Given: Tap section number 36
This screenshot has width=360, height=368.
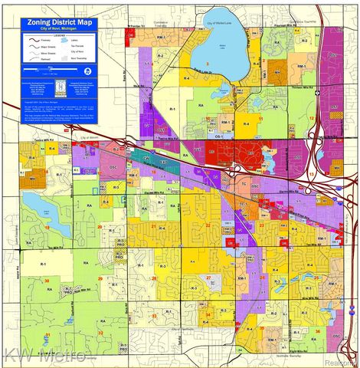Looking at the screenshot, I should [x=316, y=331].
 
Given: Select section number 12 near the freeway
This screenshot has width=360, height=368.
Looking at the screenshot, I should [x=312, y=118].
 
